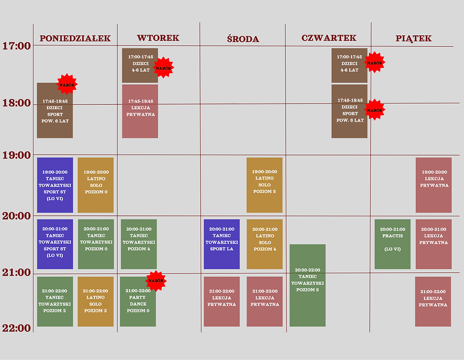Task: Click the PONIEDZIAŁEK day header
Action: point(75,39)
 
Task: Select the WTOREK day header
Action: point(158,38)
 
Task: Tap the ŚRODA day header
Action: point(242,39)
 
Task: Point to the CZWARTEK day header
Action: point(328,38)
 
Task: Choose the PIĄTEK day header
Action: point(414,39)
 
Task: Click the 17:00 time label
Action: point(16,46)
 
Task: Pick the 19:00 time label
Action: point(16,155)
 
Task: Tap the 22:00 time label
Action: point(16,328)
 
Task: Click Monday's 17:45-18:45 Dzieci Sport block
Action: point(55,110)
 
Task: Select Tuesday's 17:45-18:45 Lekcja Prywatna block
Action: point(140,111)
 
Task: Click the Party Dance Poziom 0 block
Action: point(138,301)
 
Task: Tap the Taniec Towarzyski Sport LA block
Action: point(222,244)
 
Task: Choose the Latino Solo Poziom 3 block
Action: point(265,185)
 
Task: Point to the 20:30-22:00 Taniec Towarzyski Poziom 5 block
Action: point(307,285)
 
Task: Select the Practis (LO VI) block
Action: point(392,244)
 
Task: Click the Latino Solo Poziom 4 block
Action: point(265,244)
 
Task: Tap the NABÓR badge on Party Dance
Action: point(156,281)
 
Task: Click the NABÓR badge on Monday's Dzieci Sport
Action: point(67,85)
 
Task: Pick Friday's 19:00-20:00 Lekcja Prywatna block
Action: point(433,185)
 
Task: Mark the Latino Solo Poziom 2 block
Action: point(95,301)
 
